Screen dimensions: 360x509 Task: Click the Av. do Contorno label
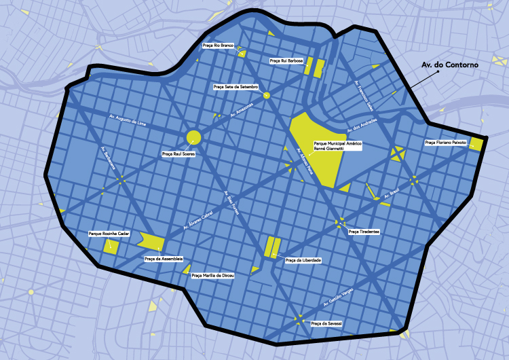(x=450, y=65)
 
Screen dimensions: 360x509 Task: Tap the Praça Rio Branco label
(x=218, y=46)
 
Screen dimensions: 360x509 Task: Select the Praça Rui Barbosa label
(x=286, y=60)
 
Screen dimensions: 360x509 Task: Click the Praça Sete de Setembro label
(x=235, y=87)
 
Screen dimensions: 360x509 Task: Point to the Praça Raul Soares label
(x=178, y=154)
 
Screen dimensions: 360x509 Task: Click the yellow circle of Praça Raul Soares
(x=193, y=137)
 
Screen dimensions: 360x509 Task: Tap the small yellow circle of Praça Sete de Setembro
(x=267, y=96)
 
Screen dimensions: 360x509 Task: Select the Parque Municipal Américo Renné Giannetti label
(x=337, y=147)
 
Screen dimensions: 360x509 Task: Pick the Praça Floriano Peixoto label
(x=446, y=143)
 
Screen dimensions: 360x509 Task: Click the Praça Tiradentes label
(x=363, y=232)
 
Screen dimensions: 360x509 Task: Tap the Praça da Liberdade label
(x=303, y=260)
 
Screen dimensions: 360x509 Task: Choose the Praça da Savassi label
(x=326, y=324)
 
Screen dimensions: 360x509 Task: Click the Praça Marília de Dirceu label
(x=212, y=276)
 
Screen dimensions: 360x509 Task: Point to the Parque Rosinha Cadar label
(x=109, y=234)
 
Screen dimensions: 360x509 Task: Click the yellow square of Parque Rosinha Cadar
(x=111, y=246)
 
